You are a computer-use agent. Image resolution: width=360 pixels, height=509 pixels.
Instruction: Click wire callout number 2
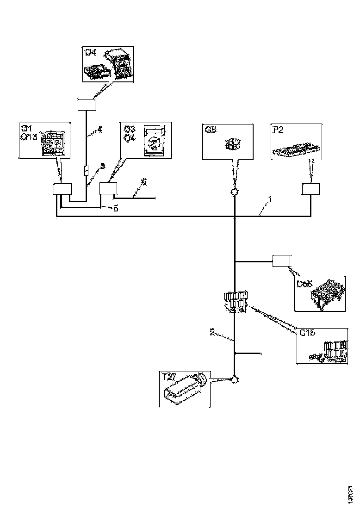click(x=212, y=331)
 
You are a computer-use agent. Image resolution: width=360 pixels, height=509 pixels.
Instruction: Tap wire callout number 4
click(x=99, y=130)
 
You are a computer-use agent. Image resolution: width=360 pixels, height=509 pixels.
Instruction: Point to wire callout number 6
click(x=144, y=183)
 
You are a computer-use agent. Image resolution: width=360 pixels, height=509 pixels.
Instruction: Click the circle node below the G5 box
click(x=235, y=192)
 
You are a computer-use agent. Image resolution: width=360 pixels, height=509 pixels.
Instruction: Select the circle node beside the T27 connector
click(x=235, y=380)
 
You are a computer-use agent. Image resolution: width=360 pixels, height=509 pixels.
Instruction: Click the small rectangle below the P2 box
click(x=310, y=189)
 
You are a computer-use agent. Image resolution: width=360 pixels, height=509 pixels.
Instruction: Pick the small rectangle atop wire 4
click(x=87, y=105)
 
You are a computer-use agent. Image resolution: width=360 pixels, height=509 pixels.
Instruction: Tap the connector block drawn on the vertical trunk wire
click(x=235, y=302)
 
